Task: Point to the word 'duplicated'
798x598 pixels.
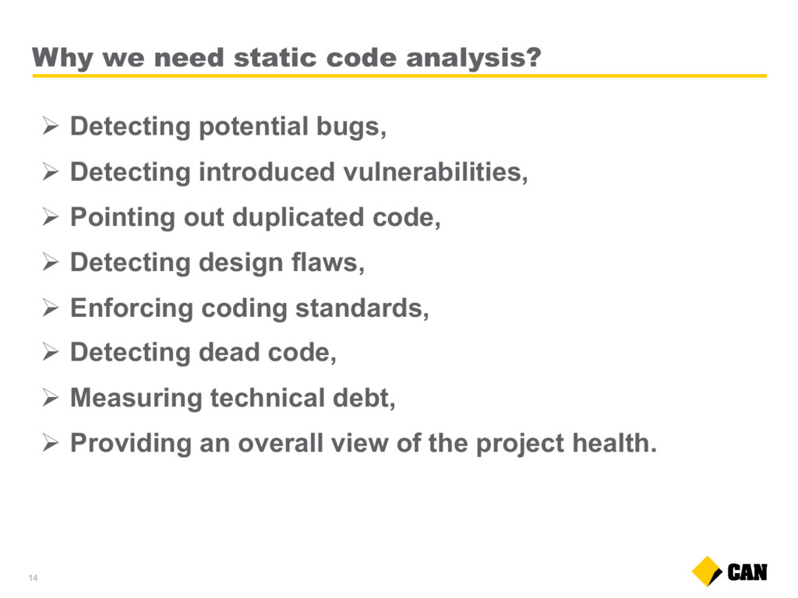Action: click(298, 218)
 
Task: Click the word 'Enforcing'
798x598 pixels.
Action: click(132, 308)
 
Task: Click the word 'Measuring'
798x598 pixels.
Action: click(136, 398)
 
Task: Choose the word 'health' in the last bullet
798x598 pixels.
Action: click(611, 442)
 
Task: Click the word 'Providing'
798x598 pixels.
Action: click(130, 443)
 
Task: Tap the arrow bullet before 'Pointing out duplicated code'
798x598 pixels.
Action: click(51, 217)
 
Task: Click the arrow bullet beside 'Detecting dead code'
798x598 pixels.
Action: click(51, 352)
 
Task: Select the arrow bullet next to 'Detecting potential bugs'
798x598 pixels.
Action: click(51, 126)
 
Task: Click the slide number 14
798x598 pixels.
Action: click(33, 578)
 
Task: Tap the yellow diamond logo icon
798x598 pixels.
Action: click(707, 572)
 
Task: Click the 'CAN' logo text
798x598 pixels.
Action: click(747, 572)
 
